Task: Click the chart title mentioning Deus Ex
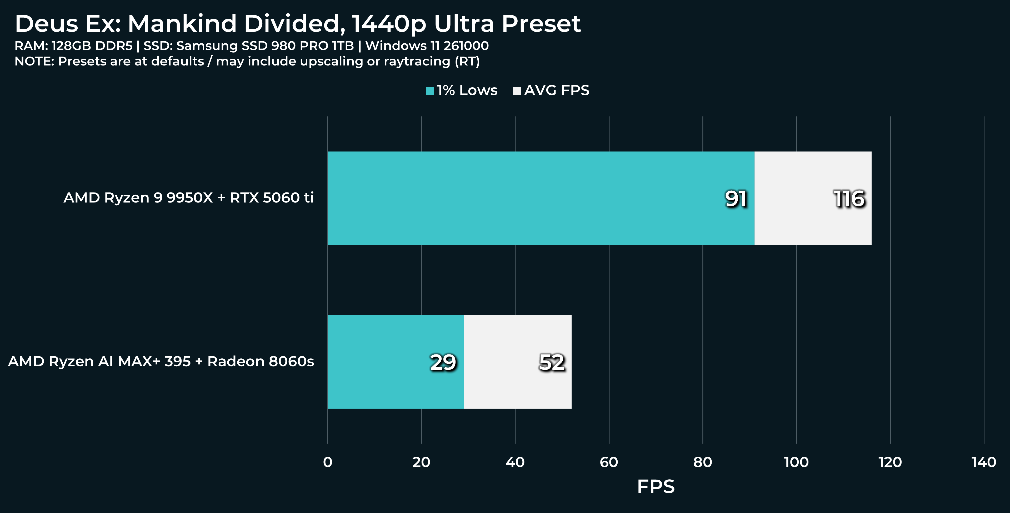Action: (297, 23)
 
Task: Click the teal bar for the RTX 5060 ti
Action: (541, 198)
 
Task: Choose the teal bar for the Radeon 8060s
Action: (396, 362)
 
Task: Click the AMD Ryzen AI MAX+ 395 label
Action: (161, 361)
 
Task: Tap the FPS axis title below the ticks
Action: (656, 487)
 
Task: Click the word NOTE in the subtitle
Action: (34, 62)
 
